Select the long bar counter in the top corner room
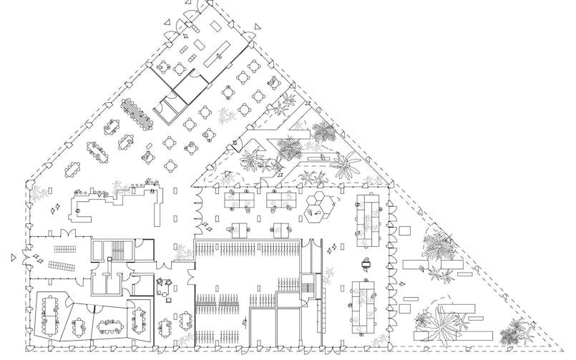217,52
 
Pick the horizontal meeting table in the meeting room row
109,326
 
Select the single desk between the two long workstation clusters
368,264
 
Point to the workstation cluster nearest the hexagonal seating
280,201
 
